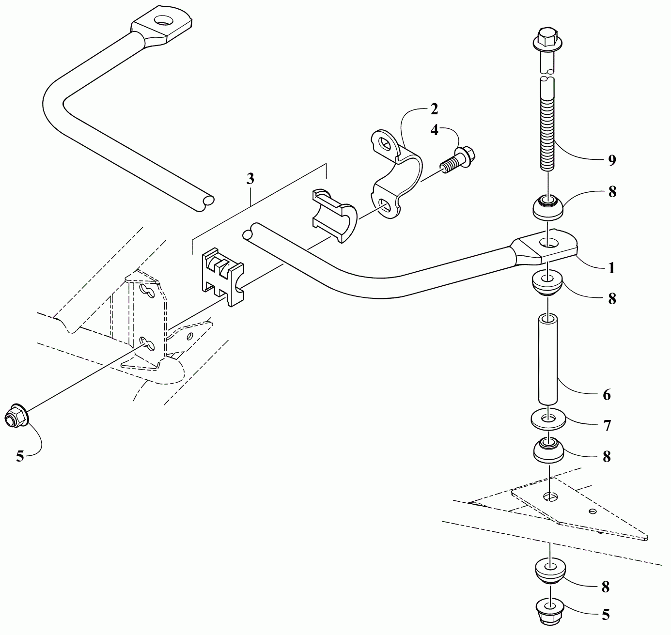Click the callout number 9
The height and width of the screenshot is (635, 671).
click(x=611, y=160)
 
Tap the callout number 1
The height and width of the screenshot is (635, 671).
click(x=611, y=267)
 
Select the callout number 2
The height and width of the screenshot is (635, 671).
click(x=434, y=109)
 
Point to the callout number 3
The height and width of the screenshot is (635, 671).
click(x=250, y=179)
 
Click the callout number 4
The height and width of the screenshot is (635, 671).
click(x=435, y=130)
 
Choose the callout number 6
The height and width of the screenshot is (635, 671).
click(x=607, y=395)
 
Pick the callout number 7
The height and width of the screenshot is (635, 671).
click(x=607, y=426)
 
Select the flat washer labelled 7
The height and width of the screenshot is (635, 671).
click(x=548, y=418)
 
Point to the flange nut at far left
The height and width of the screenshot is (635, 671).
click(x=15, y=416)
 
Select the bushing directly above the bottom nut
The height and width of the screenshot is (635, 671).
click(x=550, y=572)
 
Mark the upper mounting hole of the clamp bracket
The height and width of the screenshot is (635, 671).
click(x=386, y=144)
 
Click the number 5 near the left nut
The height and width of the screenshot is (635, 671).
click(x=20, y=456)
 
